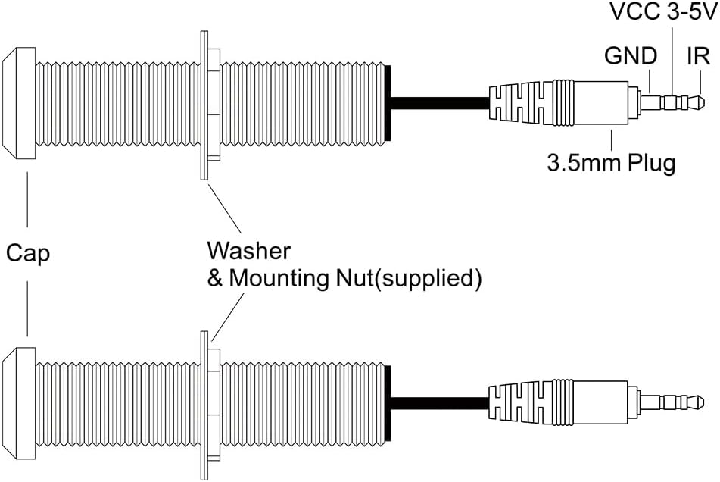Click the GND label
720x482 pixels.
[x=631, y=56]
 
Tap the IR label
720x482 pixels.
[x=698, y=56]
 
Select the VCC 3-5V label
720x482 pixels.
[x=662, y=11]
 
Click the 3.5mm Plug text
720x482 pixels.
[x=611, y=163]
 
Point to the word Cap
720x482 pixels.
[x=28, y=253]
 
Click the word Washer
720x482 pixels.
[x=248, y=251]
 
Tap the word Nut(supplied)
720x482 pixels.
[x=409, y=278]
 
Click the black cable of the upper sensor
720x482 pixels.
[x=440, y=103]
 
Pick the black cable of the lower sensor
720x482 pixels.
[x=440, y=403]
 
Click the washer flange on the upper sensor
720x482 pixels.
[x=204, y=105]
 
